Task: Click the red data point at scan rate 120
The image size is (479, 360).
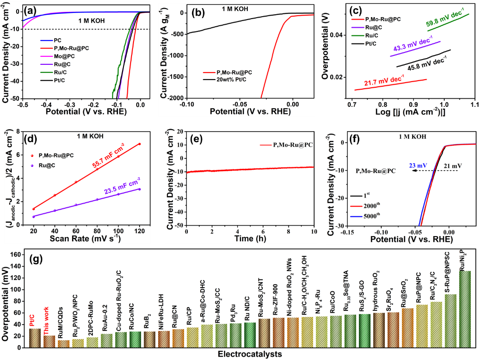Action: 140,144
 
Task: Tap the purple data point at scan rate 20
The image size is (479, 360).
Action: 33,216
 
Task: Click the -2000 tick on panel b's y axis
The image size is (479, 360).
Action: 175,97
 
